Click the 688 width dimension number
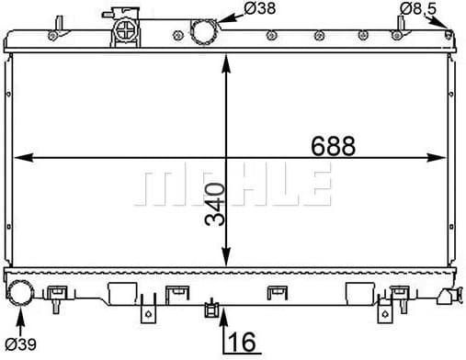[x=332, y=146]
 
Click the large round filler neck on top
[x=202, y=31]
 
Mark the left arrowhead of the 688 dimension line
[x=20, y=158]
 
